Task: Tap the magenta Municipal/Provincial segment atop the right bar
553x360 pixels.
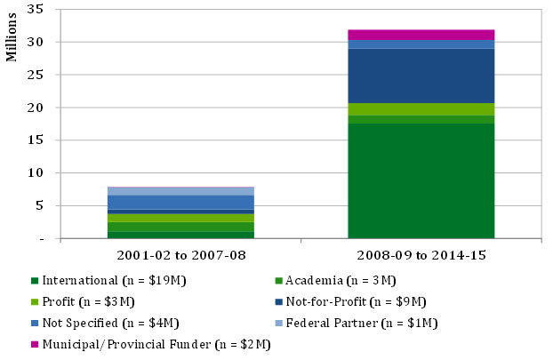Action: pyautogui.click(x=421, y=35)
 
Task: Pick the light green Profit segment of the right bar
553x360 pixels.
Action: pyautogui.click(x=421, y=109)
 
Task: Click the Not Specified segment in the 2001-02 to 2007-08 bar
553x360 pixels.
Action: pyautogui.click(x=180, y=202)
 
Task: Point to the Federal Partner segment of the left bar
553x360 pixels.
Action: pyautogui.click(x=180, y=191)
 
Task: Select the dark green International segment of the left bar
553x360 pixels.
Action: pyautogui.click(x=180, y=235)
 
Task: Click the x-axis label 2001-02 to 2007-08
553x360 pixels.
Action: pyautogui.click(x=180, y=255)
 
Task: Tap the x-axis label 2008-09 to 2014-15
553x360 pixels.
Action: pyautogui.click(x=421, y=255)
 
